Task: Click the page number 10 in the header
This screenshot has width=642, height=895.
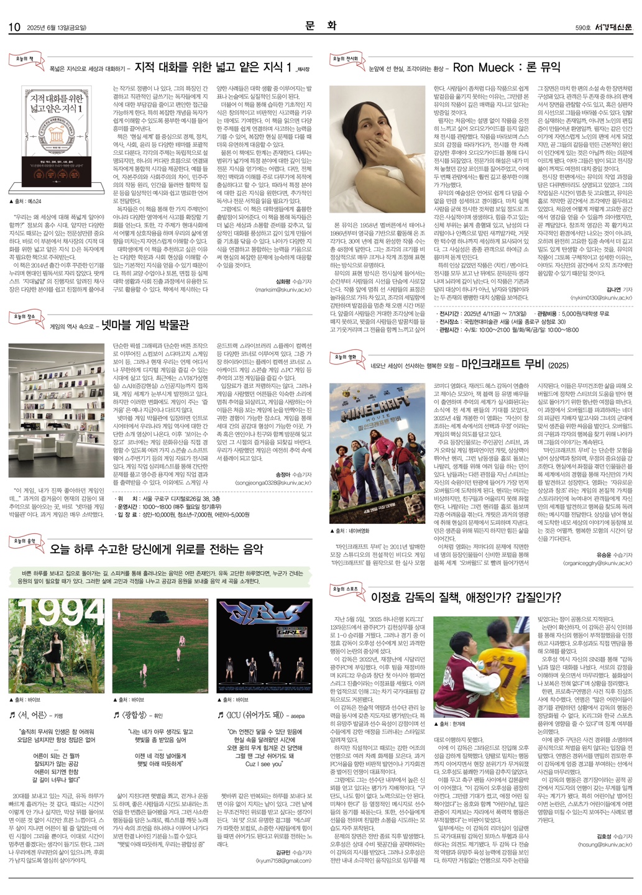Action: point(14,27)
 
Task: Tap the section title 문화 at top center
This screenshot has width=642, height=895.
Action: point(321,25)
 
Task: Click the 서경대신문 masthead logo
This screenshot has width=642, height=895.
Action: point(613,27)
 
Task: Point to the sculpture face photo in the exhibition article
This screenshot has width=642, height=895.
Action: point(377,149)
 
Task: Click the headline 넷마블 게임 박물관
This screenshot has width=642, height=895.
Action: point(145,324)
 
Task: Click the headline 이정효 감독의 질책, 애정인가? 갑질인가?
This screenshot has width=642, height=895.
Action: point(466,598)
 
